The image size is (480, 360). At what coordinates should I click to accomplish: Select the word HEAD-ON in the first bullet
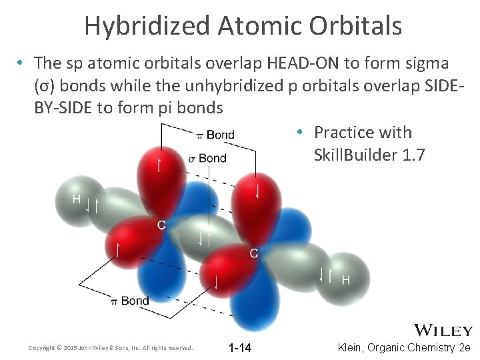[304, 63]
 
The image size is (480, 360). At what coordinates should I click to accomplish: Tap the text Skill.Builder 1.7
[368, 155]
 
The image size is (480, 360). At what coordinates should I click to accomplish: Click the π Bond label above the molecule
[215, 135]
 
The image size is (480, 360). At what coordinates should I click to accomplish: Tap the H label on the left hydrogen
[77, 199]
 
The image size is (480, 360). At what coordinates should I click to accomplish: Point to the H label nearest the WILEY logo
[346, 279]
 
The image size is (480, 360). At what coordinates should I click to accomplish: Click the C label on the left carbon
[161, 225]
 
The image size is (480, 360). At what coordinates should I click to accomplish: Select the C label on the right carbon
[253, 253]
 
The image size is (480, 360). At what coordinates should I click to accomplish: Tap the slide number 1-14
[239, 348]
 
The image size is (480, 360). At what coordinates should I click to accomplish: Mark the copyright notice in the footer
[111, 348]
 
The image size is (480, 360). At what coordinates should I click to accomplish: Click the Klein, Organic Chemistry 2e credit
[404, 348]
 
